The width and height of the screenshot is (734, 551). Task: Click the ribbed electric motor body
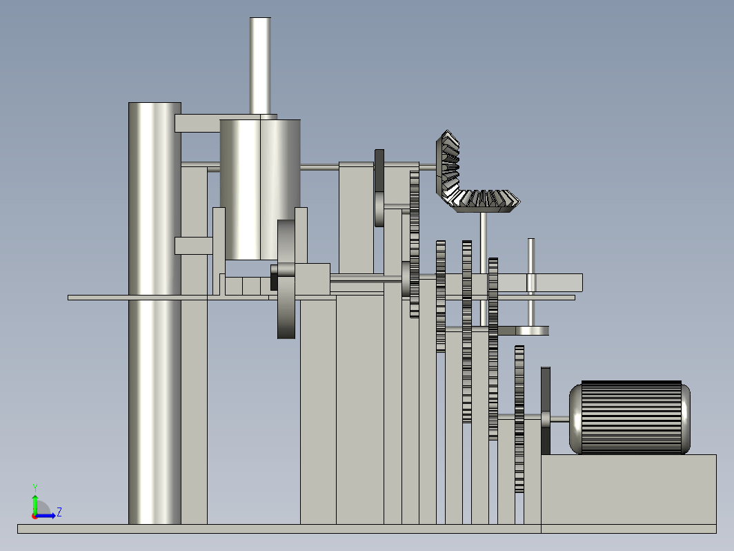click(631, 418)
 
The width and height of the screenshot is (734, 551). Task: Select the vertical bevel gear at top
click(448, 167)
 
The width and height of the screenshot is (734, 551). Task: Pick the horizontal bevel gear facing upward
click(484, 201)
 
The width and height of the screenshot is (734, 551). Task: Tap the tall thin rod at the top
click(260, 66)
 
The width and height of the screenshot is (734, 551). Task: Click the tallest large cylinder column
click(155, 313)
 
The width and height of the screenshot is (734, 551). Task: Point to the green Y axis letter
click(34, 488)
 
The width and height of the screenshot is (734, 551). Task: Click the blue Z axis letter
click(59, 512)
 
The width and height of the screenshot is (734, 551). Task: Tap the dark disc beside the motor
click(546, 410)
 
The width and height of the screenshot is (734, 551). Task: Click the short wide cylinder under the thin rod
click(260, 189)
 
